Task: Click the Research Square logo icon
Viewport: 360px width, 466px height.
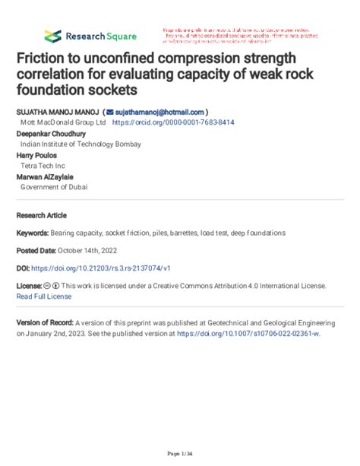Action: click(52, 36)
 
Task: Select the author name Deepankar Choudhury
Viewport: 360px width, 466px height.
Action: click(52, 133)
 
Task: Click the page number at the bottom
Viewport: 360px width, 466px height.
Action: click(178, 454)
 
